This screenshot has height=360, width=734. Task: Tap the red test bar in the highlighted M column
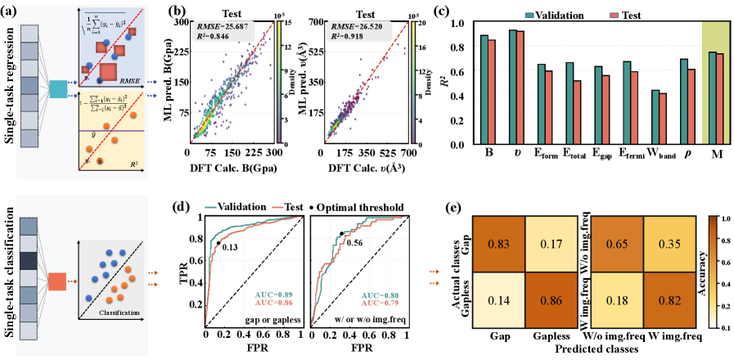719,100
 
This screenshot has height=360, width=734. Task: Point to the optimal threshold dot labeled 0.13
218,243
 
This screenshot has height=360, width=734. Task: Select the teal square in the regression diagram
60,91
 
